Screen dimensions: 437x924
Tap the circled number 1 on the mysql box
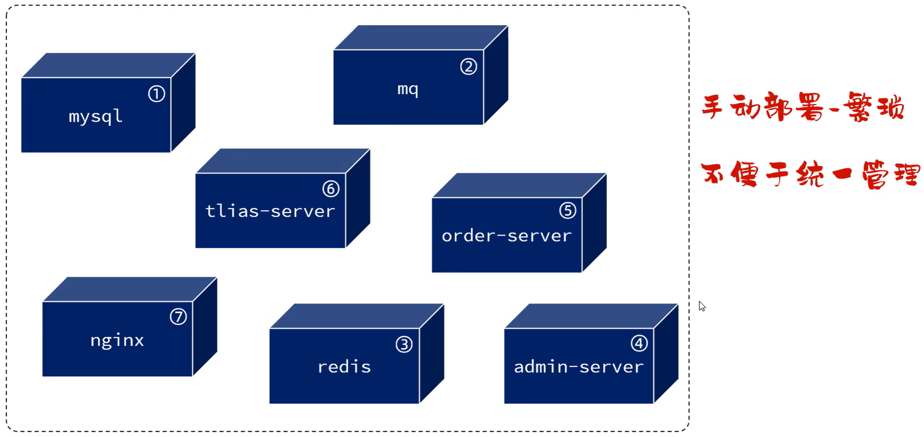(x=156, y=94)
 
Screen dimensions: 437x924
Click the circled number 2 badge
(x=469, y=67)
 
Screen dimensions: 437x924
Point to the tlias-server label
(x=270, y=211)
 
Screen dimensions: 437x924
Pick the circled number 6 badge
(x=331, y=189)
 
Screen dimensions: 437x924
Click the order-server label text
(x=506, y=236)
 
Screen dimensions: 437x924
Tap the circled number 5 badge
(x=567, y=210)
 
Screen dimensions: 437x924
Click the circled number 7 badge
(x=178, y=317)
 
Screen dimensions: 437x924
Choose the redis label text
(x=344, y=367)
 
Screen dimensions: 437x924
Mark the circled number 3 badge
(x=404, y=344)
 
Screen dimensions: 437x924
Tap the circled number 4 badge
(x=639, y=343)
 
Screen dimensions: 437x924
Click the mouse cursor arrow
(x=702, y=306)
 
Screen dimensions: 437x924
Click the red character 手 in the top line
(x=712, y=106)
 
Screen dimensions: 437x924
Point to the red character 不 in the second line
(x=713, y=173)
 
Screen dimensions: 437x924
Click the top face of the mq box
(x=420, y=38)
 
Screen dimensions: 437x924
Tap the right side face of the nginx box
(x=205, y=326)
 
